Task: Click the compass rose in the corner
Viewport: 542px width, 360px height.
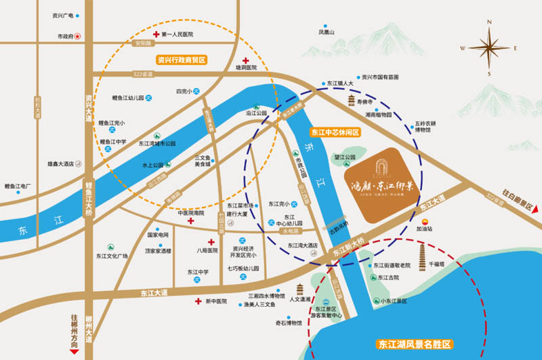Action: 489,47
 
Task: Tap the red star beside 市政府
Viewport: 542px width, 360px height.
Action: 79,35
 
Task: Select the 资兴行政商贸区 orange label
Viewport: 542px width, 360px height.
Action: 181,60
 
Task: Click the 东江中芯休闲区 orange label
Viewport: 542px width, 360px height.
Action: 333,132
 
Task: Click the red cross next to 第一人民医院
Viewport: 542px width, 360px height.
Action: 156,34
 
